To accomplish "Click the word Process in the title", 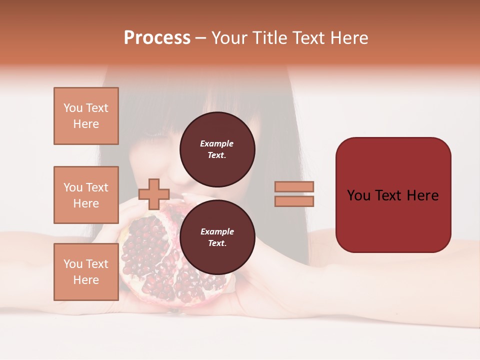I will pos(157,38).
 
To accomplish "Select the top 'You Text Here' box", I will pos(86,116).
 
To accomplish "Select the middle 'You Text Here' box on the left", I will pos(86,195).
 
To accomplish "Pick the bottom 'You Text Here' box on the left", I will pos(86,271).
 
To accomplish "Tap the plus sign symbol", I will pos(154,194).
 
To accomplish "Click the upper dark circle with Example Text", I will pos(217,149).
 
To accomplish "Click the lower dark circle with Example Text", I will pos(217,237).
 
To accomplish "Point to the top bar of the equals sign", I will pos(294,186).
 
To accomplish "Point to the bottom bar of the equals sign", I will pos(294,201).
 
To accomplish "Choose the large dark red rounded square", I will pos(393,194).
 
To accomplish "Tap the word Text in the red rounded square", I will pos(393,195).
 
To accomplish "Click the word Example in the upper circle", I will pos(217,143).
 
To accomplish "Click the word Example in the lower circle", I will pos(217,231).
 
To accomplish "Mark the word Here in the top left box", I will pos(86,124).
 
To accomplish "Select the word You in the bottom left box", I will pos(72,264).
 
